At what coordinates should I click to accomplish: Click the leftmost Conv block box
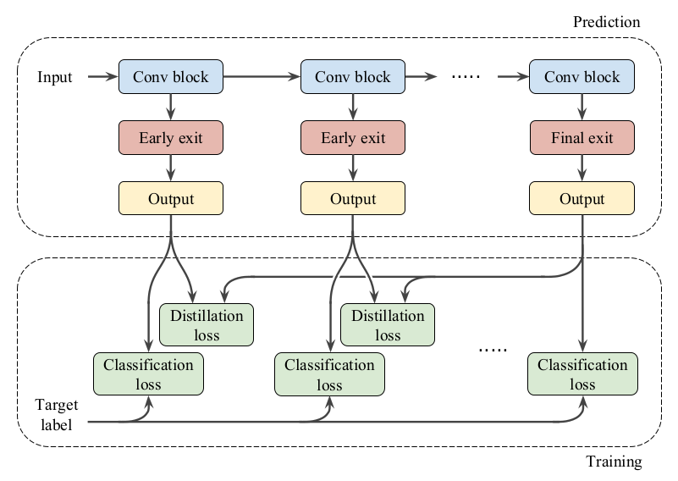[171, 77]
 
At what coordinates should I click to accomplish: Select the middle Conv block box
[353, 77]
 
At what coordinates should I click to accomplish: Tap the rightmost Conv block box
[582, 77]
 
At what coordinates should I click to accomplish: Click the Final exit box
[582, 137]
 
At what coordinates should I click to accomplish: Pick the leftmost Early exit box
[171, 137]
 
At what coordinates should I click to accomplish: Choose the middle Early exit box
[353, 137]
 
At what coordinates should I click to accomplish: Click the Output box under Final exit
[582, 199]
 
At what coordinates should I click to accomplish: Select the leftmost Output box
[171, 199]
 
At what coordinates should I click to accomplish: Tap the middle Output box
[353, 199]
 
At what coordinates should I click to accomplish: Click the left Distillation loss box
[207, 325]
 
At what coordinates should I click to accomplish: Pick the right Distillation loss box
[388, 325]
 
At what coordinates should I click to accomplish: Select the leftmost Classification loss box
[148, 374]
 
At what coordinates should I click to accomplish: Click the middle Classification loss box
[329, 374]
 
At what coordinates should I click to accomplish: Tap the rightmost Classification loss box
[582, 374]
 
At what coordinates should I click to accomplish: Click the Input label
[55, 78]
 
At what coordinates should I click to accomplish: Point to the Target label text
[55, 414]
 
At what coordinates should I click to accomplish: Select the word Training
[614, 462]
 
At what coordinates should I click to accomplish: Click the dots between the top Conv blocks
[466, 77]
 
